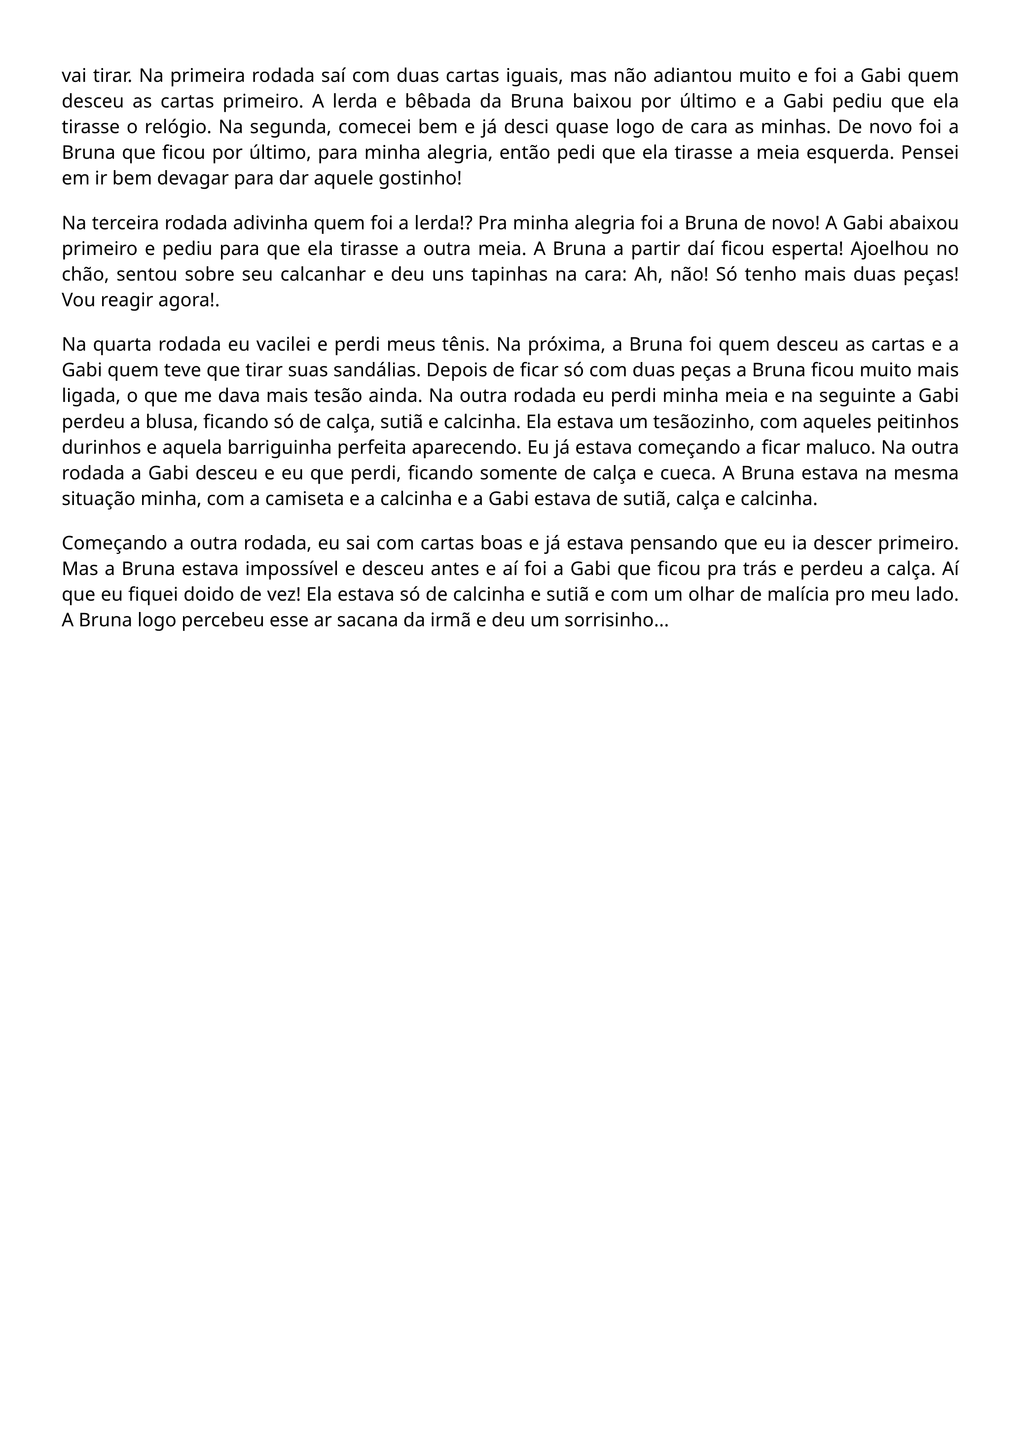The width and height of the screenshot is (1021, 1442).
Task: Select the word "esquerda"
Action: tap(842, 153)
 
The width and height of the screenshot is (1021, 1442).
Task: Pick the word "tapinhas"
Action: tap(496, 275)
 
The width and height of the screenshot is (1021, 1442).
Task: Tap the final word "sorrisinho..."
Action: tap(616, 620)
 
